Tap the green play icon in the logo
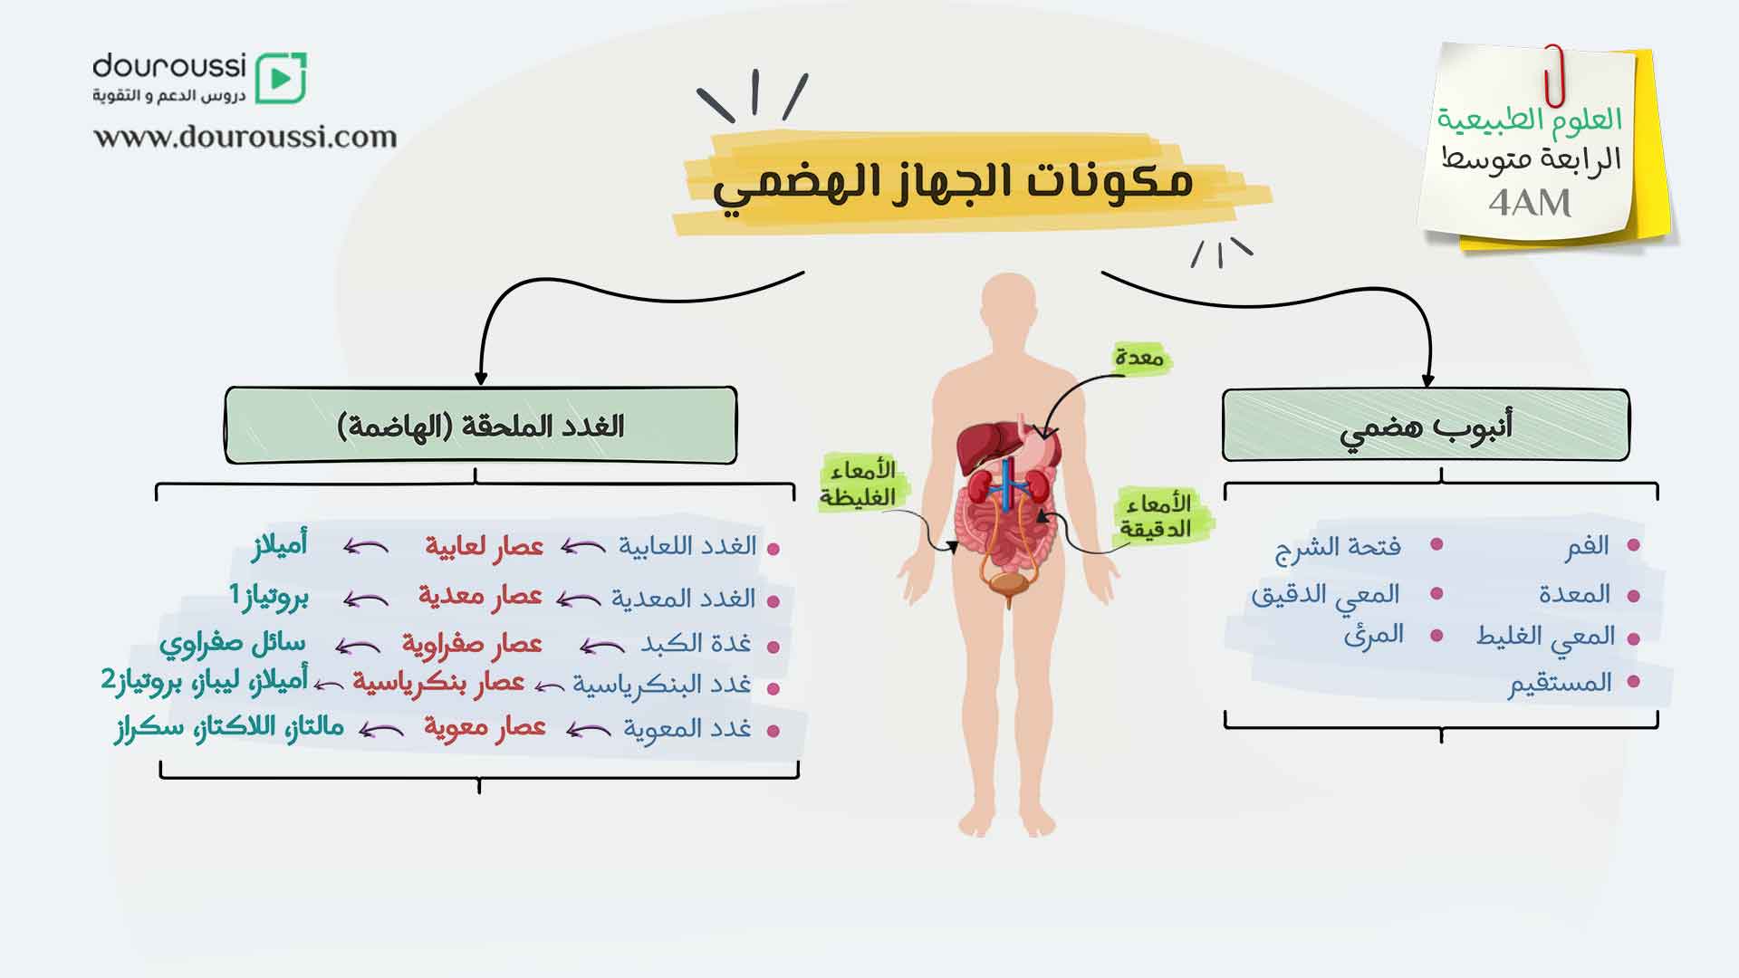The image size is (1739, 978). [281, 78]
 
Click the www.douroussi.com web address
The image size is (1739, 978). [245, 137]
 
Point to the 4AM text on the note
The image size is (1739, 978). [1530, 203]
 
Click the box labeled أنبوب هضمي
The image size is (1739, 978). [1426, 426]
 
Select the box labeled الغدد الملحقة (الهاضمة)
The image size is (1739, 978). [481, 426]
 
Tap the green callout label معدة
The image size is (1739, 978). [1139, 358]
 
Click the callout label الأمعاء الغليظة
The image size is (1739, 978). [858, 483]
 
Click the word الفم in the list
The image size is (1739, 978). [1587, 545]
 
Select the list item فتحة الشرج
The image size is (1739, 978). [1338, 547]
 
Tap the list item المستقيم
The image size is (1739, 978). [1560, 682]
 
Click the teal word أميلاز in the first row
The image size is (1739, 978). [280, 544]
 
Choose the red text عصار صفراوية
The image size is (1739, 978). [472, 644]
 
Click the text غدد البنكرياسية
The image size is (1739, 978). [661, 685]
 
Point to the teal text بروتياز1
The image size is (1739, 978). [268, 597]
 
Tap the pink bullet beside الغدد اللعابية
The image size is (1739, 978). [773, 549]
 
